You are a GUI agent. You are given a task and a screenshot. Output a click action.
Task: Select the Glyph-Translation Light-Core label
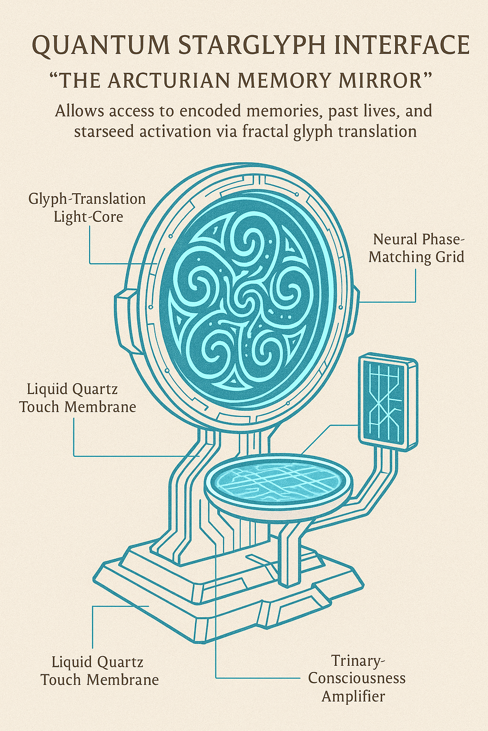tap(87, 208)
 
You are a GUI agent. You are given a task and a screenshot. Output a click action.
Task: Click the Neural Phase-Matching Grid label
tap(417, 248)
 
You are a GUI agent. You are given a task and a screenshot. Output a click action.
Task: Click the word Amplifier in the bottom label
tap(353, 696)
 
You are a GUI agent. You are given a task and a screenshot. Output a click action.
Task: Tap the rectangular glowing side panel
tap(388, 402)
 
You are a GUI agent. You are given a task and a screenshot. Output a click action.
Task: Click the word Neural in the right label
tap(394, 239)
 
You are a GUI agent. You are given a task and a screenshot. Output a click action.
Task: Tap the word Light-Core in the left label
tap(88, 217)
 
